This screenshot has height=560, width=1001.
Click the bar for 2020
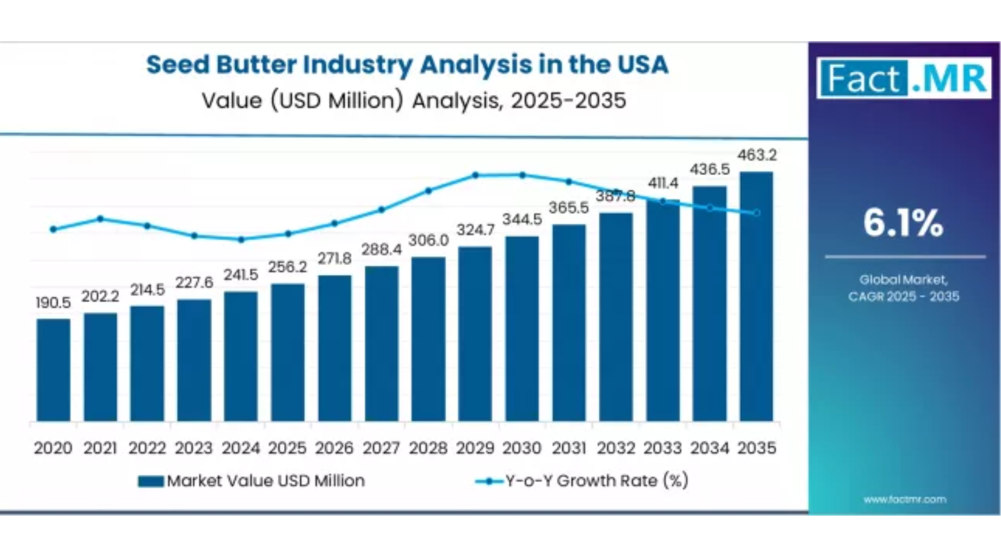click(53, 370)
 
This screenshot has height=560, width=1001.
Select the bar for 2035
click(756, 296)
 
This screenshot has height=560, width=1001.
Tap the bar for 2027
click(382, 344)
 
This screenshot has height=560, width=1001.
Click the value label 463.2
click(756, 155)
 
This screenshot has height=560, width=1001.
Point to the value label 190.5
click(53, 303)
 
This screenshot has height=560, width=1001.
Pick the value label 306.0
click(429, 241)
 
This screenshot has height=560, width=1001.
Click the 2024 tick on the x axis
click(241, 448)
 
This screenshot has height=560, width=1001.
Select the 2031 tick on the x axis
click(569, 448)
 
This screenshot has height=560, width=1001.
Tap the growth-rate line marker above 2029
click(475, 176)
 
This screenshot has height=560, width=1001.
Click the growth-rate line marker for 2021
click(100, 219)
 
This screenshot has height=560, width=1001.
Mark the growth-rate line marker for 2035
click(756, 213)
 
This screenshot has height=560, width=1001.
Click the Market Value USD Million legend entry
click(252, 481)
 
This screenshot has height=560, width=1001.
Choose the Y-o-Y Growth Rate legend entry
click(582, 481)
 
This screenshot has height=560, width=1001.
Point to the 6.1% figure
click(903, 222)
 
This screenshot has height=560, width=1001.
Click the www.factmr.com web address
click(905, 499)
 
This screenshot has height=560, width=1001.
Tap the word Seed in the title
click(178, 65)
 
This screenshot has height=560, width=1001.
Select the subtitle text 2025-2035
click(568, 101)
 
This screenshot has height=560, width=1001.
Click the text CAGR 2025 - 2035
click(903, 296)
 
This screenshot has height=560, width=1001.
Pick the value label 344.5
click(522, 220)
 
